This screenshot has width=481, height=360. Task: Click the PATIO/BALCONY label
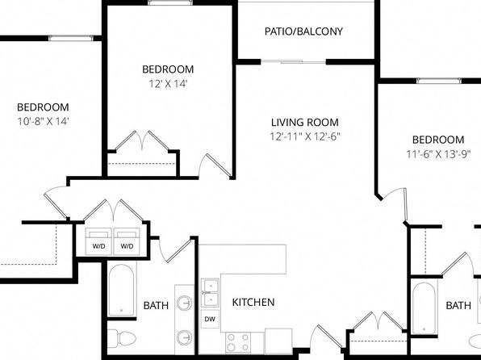click(x=303, y=31)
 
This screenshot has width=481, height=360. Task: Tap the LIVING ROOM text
click(x=305, y=123)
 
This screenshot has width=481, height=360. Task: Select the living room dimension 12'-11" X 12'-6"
click(x=305, y=136)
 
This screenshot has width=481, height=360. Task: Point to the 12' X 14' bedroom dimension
click(x=168, y=84)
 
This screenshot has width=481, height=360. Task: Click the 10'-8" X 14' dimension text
click(x=43, y=122)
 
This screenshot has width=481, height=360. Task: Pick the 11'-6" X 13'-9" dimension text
click(x=438, y=154)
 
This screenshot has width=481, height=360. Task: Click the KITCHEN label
click(x=253, y=303)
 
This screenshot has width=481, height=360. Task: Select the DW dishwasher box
click(x=210, y=319)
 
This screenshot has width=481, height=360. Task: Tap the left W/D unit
click(x=98, y=241)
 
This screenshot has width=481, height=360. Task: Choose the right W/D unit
click(x=127, y=241)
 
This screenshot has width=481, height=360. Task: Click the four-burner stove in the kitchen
click(x=238, y=343)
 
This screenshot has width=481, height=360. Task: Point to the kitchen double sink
click(x=210, y=292)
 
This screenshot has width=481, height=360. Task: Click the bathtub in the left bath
click(x=122, y=290)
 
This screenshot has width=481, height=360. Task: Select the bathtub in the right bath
click(x=425, y=308)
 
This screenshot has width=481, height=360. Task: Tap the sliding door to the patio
click(x=294, y=62)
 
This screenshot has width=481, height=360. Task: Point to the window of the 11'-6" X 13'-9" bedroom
click(x=439, y=81)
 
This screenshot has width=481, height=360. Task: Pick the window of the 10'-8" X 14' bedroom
click(x=70, y=39)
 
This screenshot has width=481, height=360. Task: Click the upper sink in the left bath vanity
click(x=185, y=303)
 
